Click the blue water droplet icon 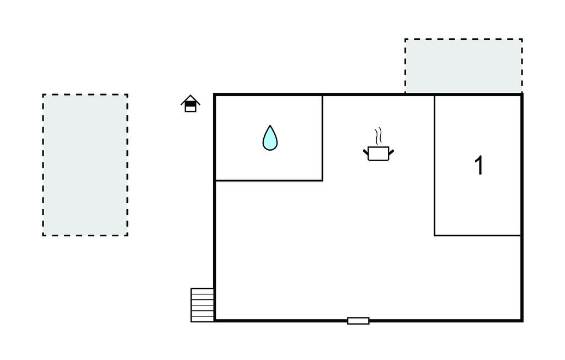(270, 138)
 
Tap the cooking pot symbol (379, 153)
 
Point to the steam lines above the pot (378, 136)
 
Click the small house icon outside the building (190, 103)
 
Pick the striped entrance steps (202, 305)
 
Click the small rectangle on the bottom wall (358, 321)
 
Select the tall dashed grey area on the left (85, 165)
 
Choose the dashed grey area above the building (463, 66)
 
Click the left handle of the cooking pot (366, 152)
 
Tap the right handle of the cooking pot (391, 152)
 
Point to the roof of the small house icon (190, 99)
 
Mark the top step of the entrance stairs (202, 290)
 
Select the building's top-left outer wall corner (215, 95)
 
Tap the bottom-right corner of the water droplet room (322, 181)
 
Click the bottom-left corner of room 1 (435, 236)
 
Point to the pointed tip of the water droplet (270, 125)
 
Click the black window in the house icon (190, 104)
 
